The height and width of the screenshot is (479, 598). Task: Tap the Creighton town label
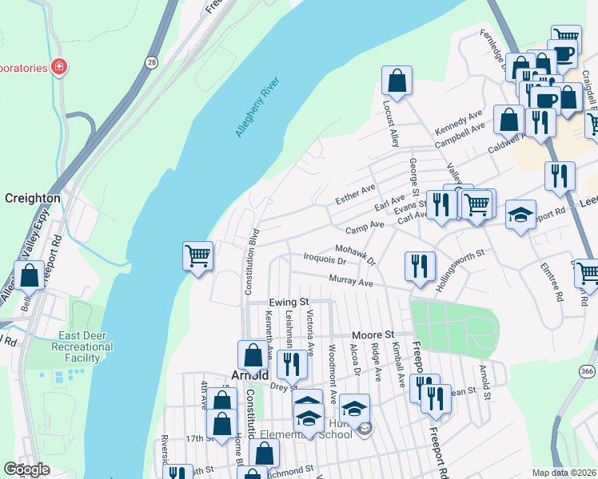click(x=33, y=198)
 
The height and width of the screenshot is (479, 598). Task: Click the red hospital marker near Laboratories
click(x=58, y=67)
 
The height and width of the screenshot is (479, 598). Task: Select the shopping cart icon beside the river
click(x=197, y=255)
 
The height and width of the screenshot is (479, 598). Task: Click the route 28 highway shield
click(x=151, y=61)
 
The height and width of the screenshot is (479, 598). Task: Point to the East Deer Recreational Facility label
click(x=82, y=347)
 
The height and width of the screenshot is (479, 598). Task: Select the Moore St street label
click(x=375, y=334)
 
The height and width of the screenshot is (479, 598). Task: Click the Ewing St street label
click(x=289, y=303)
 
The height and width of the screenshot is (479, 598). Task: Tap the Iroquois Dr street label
click(x=325, y=259)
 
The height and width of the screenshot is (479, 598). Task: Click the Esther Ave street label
click(x=355, y=194)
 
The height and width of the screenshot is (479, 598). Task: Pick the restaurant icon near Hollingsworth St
click(x=419, y=266)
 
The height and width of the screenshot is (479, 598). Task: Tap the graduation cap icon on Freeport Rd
click(x=520, y=214)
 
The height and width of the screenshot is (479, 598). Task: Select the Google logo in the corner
click(x=27, y=469)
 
